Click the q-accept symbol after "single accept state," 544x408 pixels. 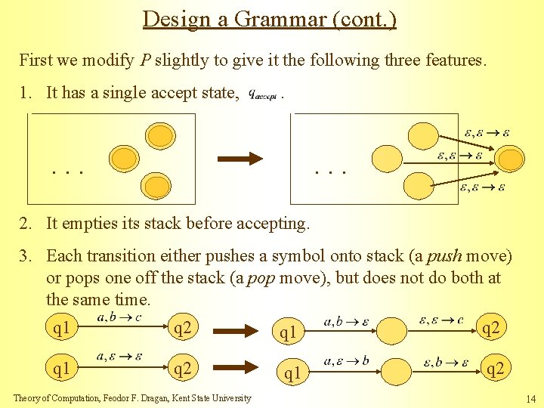tap(264, 95)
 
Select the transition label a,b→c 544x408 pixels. tap(119, 317)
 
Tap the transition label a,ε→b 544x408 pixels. tap(347, 361)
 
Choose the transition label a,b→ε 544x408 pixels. tap(347, 322)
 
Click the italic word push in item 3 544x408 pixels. tap(443, 257)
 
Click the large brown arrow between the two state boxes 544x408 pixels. tap(240, 159)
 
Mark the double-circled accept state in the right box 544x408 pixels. tap(511, 159)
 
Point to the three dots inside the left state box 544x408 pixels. tap(67, 172)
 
